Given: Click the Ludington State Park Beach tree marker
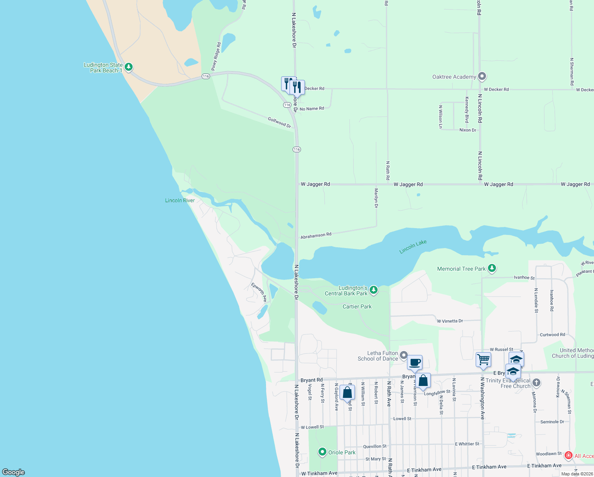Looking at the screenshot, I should click(x=128, y=67).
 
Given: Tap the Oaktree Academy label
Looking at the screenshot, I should click(x=454, y=77).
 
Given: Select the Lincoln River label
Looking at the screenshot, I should click(x=180, y=200).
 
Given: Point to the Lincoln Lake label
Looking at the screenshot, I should click(x=413, y=247).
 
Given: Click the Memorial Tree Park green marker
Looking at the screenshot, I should click(x=492, y=268).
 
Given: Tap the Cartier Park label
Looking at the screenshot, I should click(x=357, y=306).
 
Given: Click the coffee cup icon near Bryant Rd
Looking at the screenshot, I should click(x=415, y=362).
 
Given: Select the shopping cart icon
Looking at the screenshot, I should click(x=483, y=359).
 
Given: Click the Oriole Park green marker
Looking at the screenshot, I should click(x=322, y=452).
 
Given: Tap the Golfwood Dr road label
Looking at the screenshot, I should click(x=279, y=122).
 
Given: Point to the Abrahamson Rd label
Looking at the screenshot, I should click(x=316, y=236).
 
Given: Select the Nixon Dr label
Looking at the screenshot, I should click(x=467, y=130).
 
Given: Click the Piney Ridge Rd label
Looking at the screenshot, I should click(x=216, y=56).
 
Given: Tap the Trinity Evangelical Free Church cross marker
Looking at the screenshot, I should click(x=536, y=383).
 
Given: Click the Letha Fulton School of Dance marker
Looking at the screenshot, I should click(x=403, y=355).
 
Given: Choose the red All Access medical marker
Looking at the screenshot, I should click(x=568, y=456).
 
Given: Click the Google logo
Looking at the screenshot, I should click(x=13, y=472).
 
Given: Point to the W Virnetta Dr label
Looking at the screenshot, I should click(x=449, y=321).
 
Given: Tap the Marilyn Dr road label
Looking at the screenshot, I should click(x=376, y=198).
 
